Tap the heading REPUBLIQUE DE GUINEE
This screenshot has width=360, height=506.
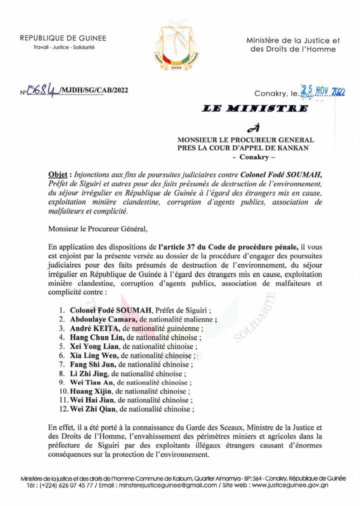coord(63,38)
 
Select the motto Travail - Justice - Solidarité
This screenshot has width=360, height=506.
coord(63,47)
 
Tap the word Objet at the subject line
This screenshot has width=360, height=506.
coord(58,175)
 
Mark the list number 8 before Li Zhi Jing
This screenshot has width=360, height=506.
coord(61,373)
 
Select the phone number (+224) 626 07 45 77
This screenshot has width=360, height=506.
coord(67,485)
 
